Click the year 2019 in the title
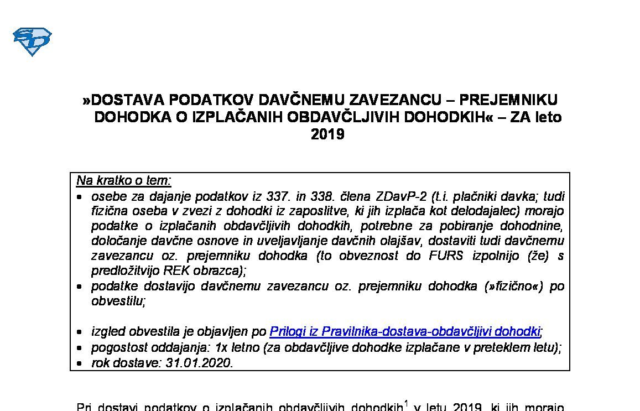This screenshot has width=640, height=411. coord(327,134)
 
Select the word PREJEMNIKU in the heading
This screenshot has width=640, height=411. coord(509,100)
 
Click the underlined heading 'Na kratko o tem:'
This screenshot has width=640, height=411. coord(124,181)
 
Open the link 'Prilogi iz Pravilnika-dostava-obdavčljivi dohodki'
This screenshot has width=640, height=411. coord(404,332)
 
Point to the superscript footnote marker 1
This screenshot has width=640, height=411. coord(405,403)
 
